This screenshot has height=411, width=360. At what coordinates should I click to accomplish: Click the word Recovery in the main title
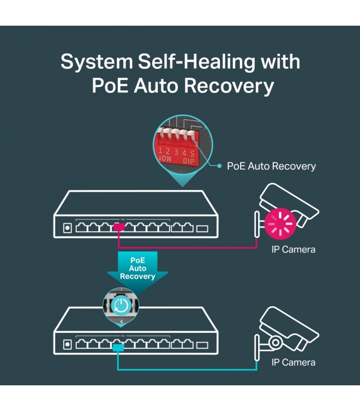pos(229,86)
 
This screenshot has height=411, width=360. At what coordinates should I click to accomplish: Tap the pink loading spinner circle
pos(280,223)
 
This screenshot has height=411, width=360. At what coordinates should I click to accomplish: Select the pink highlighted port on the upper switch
pos(119,227)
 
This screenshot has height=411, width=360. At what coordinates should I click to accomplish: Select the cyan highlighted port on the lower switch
pos(118,348)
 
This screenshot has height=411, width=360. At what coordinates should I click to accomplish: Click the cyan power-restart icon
pos(121,306)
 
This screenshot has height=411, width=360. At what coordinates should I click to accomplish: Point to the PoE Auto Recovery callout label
pos(272,166)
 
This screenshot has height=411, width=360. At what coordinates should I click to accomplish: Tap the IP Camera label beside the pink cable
pos(293,250)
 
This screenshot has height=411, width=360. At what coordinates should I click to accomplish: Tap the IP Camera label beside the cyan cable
pos(293,363)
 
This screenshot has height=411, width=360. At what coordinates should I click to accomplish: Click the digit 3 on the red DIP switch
pos(176,152)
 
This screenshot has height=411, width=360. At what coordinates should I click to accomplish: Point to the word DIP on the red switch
pos(188,161)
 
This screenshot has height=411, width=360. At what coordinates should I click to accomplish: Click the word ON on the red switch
pos(167,159)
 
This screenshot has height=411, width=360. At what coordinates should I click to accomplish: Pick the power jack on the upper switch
pos(67,228)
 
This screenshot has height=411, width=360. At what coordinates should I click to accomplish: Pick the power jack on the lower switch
pos(67,344)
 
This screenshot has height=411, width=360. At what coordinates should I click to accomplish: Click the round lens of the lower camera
pos(275,342)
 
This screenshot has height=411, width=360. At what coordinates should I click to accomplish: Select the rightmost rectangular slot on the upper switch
pos(202,229)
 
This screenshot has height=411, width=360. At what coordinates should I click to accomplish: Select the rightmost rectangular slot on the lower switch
pos(202,345)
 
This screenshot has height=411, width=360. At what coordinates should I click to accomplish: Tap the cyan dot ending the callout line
pos(220,166)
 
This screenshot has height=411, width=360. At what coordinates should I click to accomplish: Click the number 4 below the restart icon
pos(121,322)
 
